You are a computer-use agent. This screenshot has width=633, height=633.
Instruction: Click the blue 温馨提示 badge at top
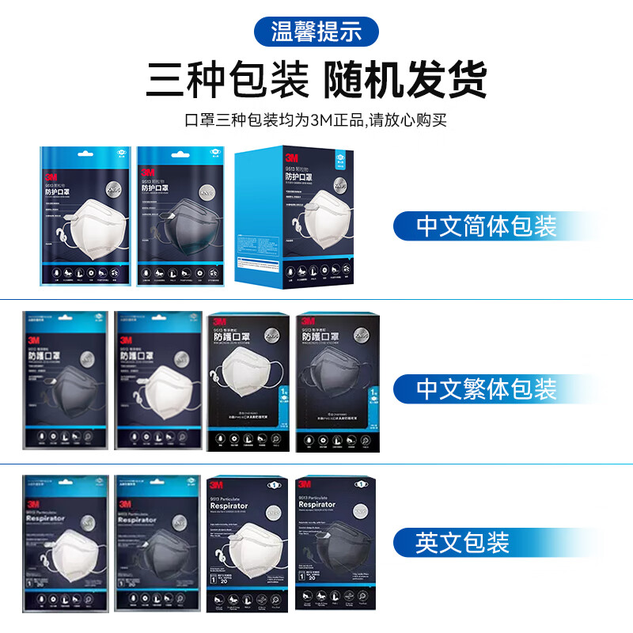[316, 32]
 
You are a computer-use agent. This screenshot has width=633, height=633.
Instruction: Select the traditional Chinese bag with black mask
[65, 380]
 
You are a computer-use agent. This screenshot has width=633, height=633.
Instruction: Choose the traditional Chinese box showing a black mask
[335, 383]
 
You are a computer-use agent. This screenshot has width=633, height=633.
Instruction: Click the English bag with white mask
[65, 542]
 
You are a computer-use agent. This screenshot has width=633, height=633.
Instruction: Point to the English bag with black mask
[156, 542]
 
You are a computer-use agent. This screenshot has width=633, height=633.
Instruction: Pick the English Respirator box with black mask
[335, 544]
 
